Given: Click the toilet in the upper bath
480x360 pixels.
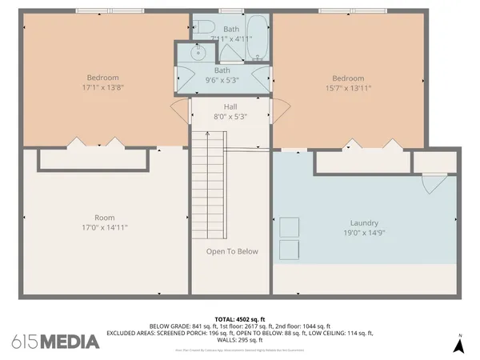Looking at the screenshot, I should coord(201,24).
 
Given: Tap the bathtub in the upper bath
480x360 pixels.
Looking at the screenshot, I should coord(258,38).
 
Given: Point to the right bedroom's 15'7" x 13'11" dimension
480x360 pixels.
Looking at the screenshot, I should coord(348,89).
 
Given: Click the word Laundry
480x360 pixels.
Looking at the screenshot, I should coord(364,223).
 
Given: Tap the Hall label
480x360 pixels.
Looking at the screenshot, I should coord(230,106).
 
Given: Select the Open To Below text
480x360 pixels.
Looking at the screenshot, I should coord(232,251).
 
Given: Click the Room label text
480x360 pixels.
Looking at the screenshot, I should coord(104,217).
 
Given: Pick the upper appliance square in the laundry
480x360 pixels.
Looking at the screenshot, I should coord(289,226).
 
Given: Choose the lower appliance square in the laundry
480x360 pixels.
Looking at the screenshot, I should coord(289,248).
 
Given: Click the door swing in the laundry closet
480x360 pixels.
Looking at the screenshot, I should coord(430,184).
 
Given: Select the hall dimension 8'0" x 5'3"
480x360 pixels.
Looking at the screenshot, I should coord(230,117).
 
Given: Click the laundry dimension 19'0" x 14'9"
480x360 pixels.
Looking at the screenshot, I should coord(364,234).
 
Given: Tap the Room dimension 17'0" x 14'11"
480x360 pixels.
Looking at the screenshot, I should coord(104,227).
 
